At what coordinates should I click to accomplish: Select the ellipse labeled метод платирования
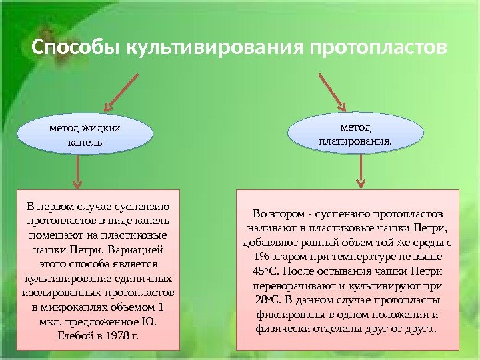coord(355,133)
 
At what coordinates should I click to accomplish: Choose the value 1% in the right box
coord(261,257)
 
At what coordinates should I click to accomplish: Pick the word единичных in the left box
coord(142,279)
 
